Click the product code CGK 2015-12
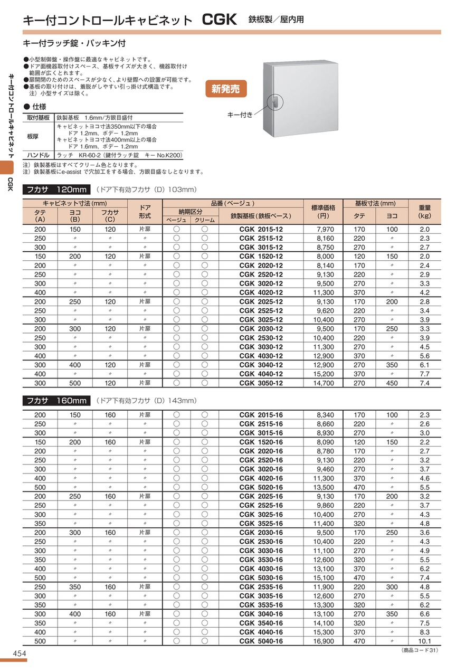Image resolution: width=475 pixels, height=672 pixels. pyautogui.click(x=261, y=229)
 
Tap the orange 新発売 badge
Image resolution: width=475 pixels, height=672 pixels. pyautogui.click(x=225, y=89)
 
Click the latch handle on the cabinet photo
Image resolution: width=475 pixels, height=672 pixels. pyautogui.click(x=275, y=101)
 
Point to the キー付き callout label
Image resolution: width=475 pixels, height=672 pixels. pyautogui.click(x=240, y=114)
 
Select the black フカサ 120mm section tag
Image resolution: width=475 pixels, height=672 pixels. pyautogui.click(x=56, y=190)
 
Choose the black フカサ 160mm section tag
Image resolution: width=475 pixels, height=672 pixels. pyautogui.click(x=56, y=401)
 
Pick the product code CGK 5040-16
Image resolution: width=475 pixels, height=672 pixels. pyautogui.click(x=261, y=641)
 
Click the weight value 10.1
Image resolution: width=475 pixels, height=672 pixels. pyautogui.click(x=425, y=641)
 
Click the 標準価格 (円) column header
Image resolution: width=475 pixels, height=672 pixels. pyautogui.click(x=324, y=212)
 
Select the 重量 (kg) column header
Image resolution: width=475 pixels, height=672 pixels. pyautogui.click(x=425, y=212)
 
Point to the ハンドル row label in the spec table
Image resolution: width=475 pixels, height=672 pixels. pyautogui.click(x=39, y=155)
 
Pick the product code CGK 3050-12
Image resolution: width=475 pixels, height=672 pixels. pyautogui.click(x=261, y=383)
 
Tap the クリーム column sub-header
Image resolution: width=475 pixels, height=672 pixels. pyautogui.click(x=205, y=220)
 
